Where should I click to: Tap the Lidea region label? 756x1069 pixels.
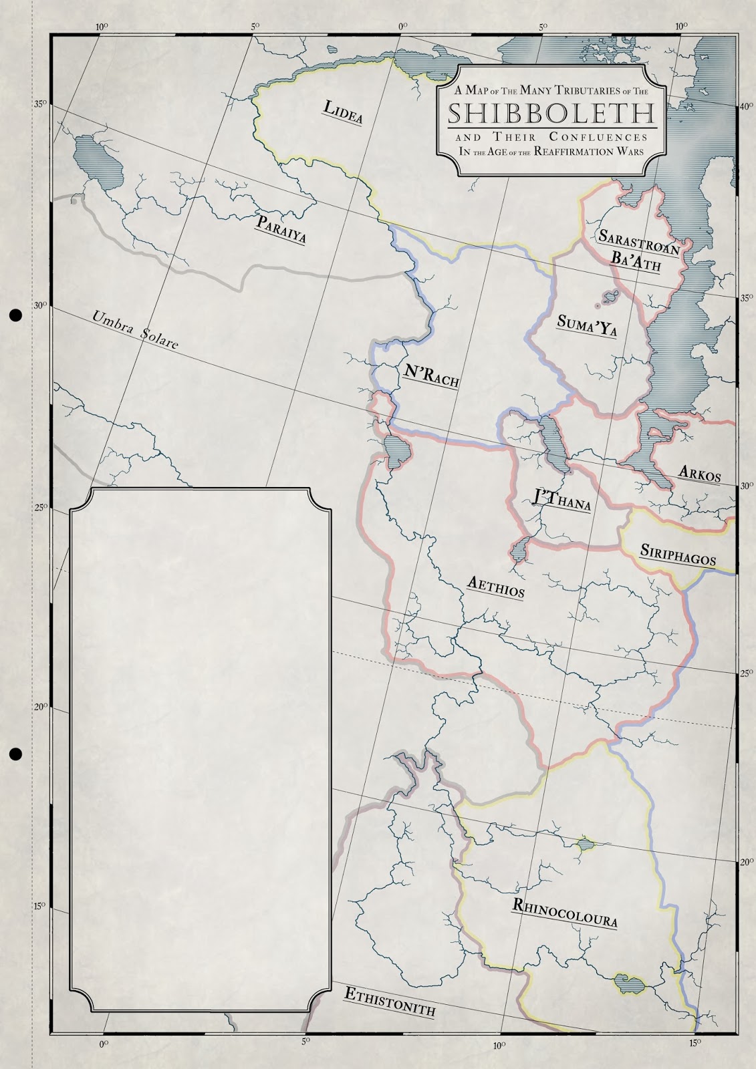tap(343, 112)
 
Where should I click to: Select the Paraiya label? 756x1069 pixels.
tap(281, 228)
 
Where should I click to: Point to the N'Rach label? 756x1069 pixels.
tap(430, 377)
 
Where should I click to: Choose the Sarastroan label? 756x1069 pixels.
tap(638, 243)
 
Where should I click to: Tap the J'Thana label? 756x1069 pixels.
tap(561, 500)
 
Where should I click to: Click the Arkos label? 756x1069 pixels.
tap(699, 472)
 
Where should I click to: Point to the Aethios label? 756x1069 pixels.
tap(495, 587)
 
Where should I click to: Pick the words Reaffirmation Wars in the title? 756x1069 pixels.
tap(595, 152)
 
